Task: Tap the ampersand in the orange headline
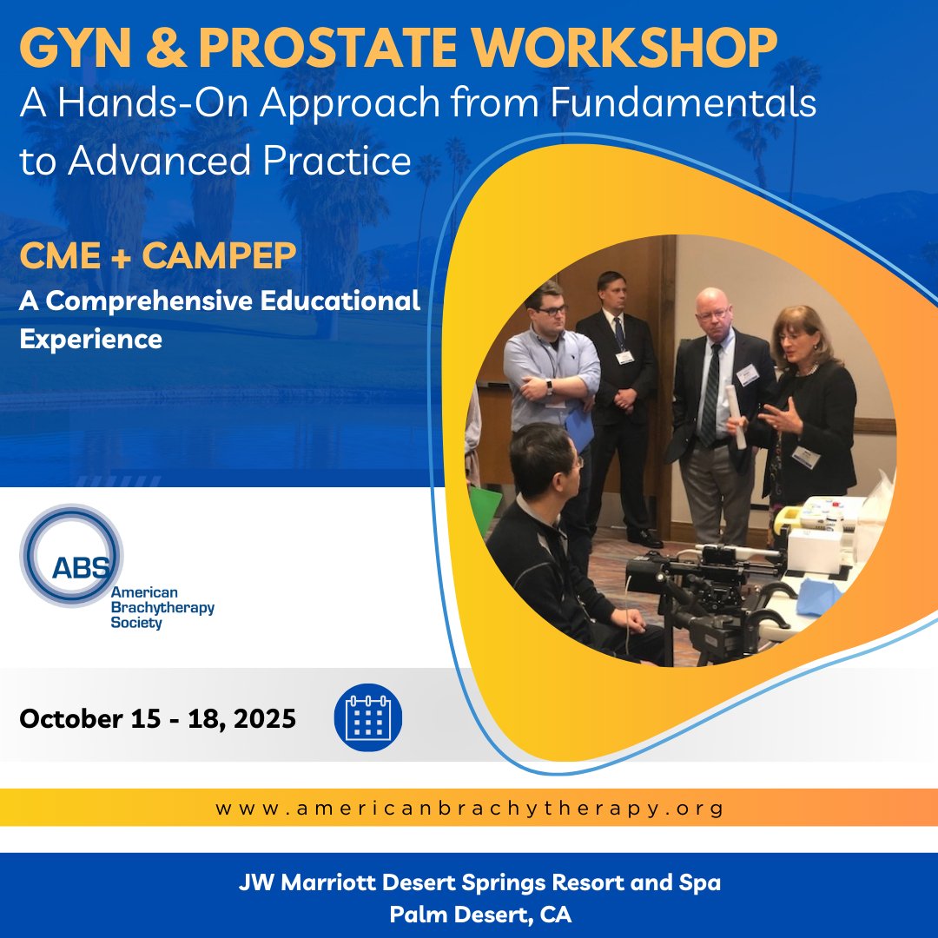point(163,49)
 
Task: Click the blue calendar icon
point(368,718)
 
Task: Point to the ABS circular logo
point(71,555)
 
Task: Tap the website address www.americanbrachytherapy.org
point(469,809)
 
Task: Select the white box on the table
point(815,550)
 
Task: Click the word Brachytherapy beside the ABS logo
point(162,608)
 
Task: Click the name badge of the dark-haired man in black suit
point(624,356)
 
